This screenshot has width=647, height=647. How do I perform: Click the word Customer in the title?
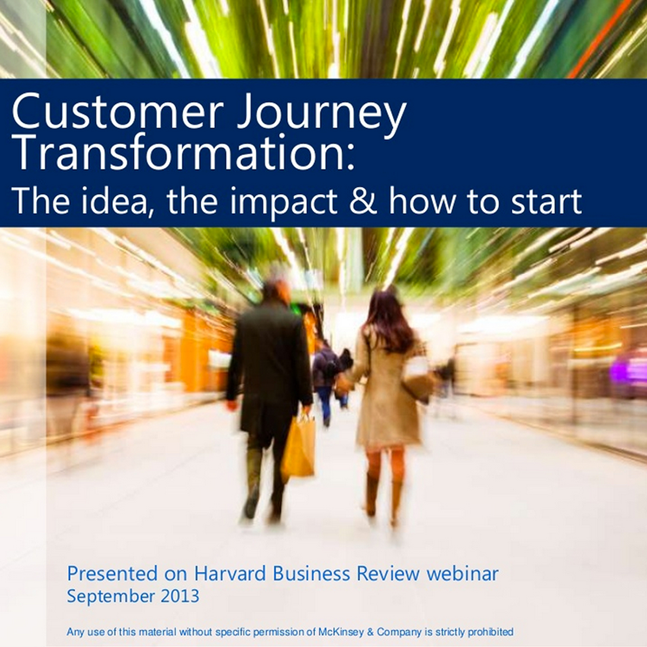[x=117, y=112]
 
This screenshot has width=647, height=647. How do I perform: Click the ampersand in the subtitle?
[x=363, y=201]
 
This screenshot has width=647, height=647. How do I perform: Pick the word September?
[x=111, y=596]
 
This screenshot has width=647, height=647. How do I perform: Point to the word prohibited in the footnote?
[x=490, y=632]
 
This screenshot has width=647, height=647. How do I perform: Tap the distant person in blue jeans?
[x=324, y=379]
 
